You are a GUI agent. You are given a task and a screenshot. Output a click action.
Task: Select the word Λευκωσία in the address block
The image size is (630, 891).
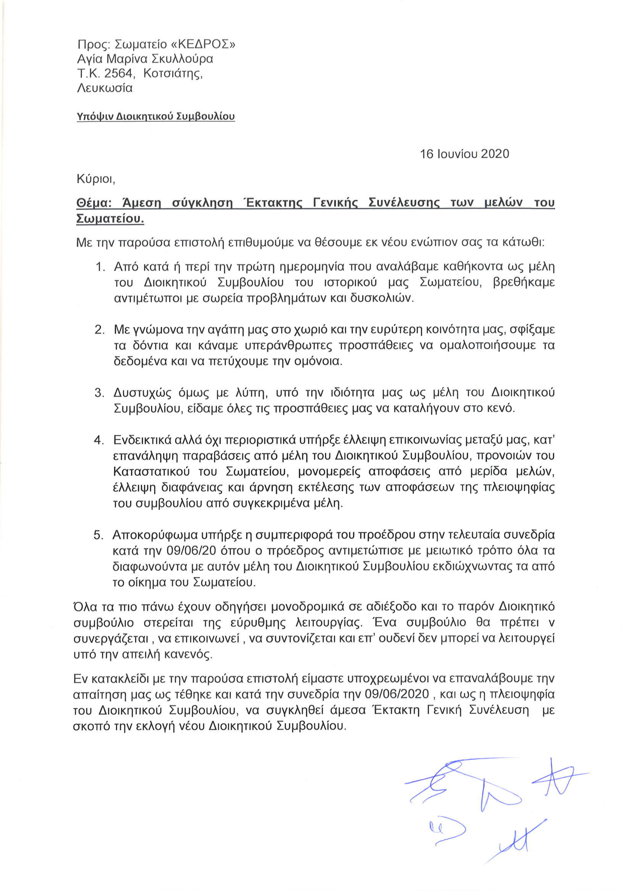[x=105, y=88]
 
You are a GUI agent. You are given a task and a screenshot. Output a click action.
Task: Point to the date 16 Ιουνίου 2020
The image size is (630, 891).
[x=464, y=154]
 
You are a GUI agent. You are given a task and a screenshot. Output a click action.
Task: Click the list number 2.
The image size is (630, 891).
[x=100, y=330]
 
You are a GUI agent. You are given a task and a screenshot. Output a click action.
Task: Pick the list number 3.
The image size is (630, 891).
[x=100, y=393]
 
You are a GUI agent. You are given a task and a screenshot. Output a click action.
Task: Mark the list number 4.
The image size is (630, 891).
[x=100, y=440]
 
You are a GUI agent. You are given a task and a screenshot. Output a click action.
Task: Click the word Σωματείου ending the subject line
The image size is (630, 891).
[x=109, y=219]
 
